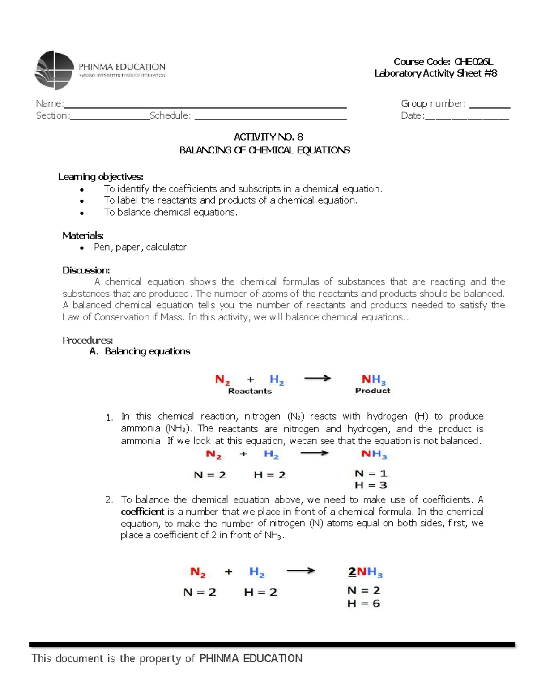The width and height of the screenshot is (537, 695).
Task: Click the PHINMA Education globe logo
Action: click(x=54, y=70)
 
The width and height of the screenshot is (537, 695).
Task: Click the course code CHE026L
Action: click(x=473, y=62)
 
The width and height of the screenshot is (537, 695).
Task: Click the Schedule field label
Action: click(x=170, y=115)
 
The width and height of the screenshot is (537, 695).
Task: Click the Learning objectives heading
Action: click(x=101, y=177)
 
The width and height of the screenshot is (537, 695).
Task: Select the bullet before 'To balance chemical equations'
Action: click(x=82, y=213)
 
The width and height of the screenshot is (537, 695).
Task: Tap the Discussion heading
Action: click(x=86, y=270)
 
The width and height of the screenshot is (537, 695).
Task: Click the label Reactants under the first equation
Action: click(x=250, y=391)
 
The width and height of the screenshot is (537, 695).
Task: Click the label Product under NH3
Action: click(x=372, y=391)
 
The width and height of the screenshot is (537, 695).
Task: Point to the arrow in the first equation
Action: click(x=317, y=379)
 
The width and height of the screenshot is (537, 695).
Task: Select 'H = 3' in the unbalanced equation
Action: click(x=371, y=485)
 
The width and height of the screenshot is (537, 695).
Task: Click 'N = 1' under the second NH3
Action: click(x=371, y=473)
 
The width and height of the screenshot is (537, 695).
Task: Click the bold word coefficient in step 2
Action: click(x=142, y=512)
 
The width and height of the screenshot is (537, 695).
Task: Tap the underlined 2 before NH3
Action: click(x=352, y=572)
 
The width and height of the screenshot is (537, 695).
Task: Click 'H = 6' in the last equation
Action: click(x=363, y=604)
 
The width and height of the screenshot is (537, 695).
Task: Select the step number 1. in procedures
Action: click(x=109, y=418)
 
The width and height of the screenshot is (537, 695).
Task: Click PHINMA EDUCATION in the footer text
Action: click(x=251, y=658)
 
